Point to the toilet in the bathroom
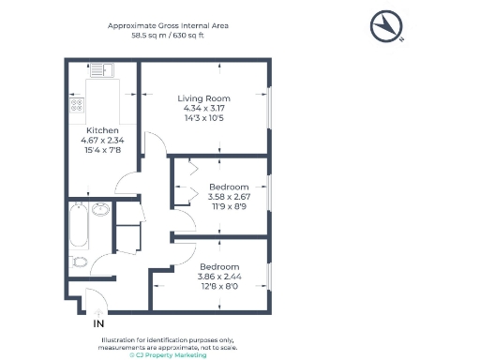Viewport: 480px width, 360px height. point(80,262)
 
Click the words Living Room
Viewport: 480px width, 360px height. point(204,98)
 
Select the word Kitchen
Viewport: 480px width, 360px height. point(101,130)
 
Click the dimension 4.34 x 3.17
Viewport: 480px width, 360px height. point(204,109)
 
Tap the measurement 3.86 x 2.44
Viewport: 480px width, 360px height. point(219,277)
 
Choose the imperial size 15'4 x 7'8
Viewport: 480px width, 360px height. point(101,151)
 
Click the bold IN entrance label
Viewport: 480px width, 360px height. point(98,323)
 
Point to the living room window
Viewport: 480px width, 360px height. point(271,108)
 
